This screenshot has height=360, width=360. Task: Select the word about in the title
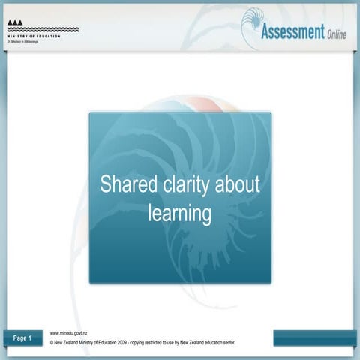point(238,185)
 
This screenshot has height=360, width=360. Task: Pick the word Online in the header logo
point(337,35)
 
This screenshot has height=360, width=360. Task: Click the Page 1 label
point(22,338)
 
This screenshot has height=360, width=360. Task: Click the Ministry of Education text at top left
point(33,37)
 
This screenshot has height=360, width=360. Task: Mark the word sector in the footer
point(229,342)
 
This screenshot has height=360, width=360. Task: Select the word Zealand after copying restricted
point(199,342)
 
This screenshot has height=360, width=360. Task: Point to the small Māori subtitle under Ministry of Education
point(22,42)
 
